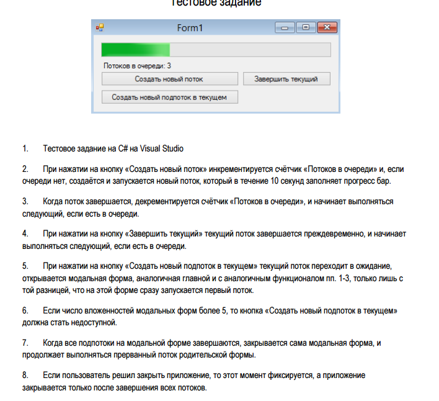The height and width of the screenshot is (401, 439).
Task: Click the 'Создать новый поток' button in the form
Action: pyautogui.click(x=169, y=79)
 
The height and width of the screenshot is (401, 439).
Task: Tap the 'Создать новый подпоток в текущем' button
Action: pyautogui.click(x=169, y=97)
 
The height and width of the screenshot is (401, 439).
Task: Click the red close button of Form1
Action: pyautogui.click(x=327, y=28)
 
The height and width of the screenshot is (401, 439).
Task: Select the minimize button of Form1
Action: pyautogui.click(x=286, y=28)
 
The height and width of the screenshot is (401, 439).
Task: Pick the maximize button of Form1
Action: pyautogui.click(x=306, y=28)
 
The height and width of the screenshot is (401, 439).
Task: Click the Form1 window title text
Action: pyautogui.click(x=190, y=28)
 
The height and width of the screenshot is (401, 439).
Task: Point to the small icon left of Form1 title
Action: pyautogui.click(x=99, y=28)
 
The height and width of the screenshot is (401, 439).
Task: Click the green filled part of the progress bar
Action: pyautogui.click(x=135, y=50)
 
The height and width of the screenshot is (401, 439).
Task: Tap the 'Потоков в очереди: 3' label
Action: pyautogui.click(x=137, y=65)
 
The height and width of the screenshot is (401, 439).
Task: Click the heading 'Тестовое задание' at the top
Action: pyautogui.click(x=216, y=3)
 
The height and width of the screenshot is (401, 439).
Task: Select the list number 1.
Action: pyautogui.click(x=25, y=149)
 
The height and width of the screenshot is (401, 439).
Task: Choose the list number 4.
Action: pyautogui.click(x=25, y=234)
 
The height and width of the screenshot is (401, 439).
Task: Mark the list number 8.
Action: pyautogui.click(x=25, y=376)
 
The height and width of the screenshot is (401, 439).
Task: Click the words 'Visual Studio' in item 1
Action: pyautogui.click(x=162, y=149)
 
